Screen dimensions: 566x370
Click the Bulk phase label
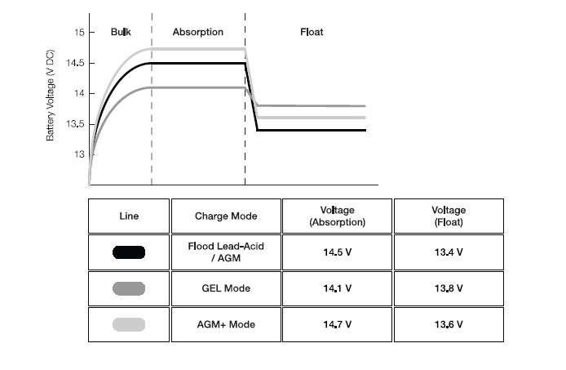[x=121, y=32]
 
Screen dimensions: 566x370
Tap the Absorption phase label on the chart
[x=198, y=32]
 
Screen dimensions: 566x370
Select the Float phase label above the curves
[x=312, y=32]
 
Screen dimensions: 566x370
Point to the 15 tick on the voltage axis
[x=79, y=33]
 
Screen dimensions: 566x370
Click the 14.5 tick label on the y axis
[x=75, y=63]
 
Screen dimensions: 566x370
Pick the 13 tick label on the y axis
[x=79, y=154]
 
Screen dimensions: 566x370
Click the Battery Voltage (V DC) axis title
[x=51, y=95]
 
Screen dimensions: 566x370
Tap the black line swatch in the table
[x=129, y=252]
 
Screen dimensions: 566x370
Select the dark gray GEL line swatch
[x=129, y=288]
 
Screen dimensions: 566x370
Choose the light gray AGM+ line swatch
[x=129, y=324]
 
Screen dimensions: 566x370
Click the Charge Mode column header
[x=226, y=216]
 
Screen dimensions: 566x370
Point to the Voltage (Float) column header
[x=449, y=216]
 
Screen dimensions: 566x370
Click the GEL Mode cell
[x=226, y=288]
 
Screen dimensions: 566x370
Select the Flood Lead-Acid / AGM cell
[x=226, y=252]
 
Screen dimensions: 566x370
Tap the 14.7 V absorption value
[x=337, y=324]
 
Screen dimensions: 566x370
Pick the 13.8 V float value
[x=449, y=288]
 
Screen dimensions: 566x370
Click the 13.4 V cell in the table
[x=449, y=252]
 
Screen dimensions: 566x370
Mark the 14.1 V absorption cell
[x=337, y=288]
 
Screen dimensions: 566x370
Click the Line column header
[x=129, y=216]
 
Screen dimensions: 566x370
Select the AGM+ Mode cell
[x=226, y=324]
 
